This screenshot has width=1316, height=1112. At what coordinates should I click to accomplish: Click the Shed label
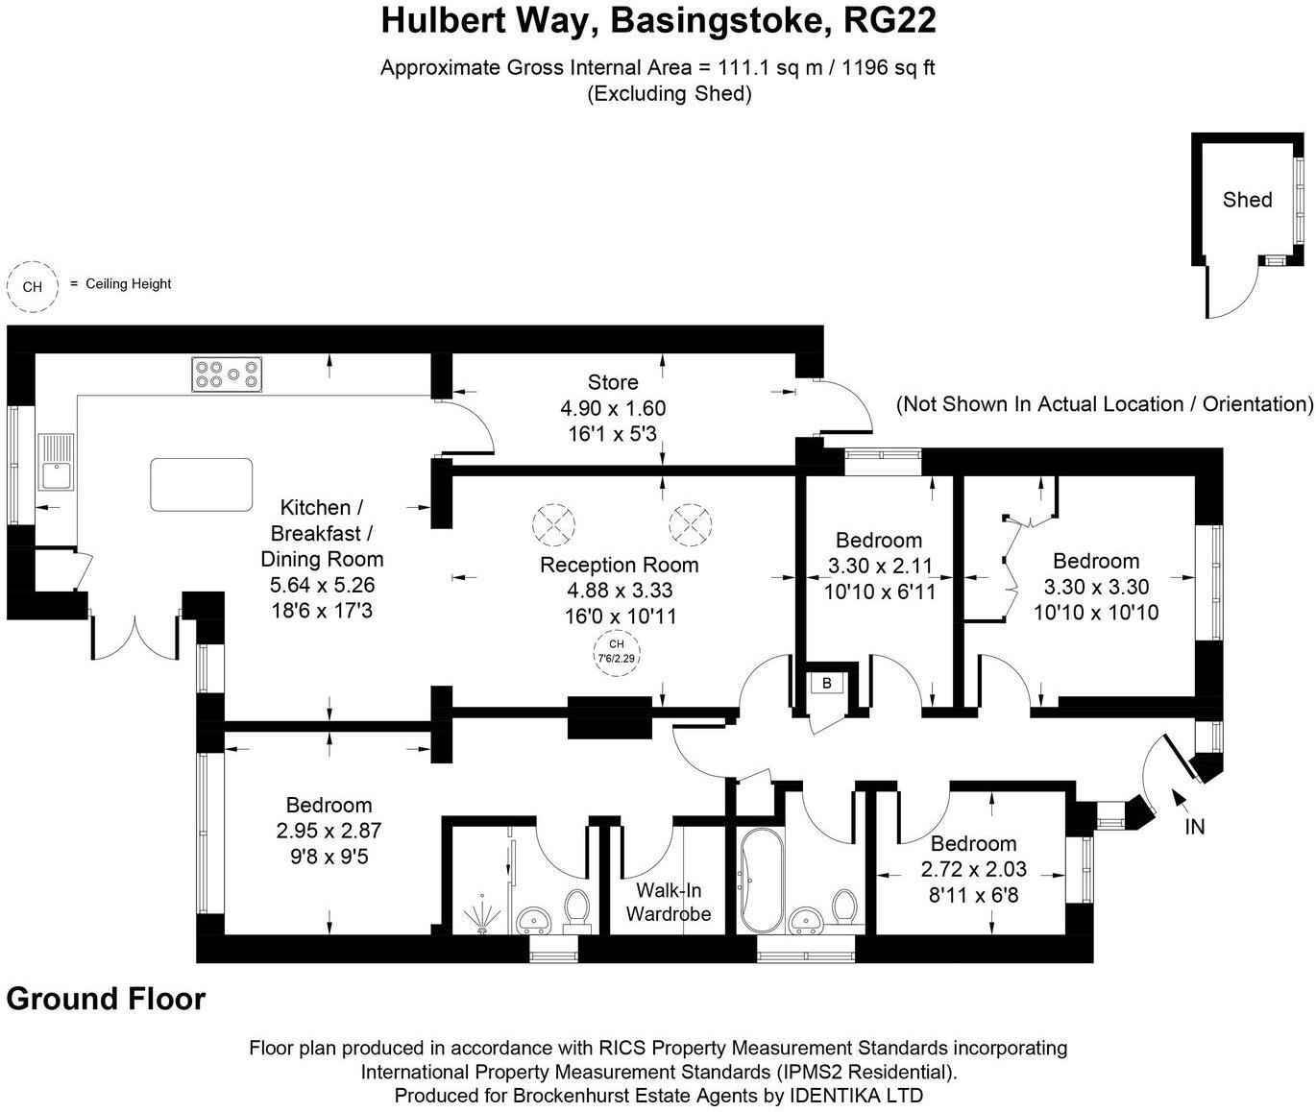click(1247, 200)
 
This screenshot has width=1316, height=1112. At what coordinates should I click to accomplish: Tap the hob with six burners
click(228, 374)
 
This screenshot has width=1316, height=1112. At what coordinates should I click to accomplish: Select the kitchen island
click(202, 484)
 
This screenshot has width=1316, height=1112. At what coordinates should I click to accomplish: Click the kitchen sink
click(56, 464)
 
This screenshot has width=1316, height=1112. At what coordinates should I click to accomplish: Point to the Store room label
click(613, 382)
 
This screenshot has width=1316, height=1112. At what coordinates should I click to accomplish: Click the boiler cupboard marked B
click(826, 684)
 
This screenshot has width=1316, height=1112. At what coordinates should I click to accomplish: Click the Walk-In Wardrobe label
click(669, 901)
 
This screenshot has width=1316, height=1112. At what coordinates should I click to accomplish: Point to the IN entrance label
click(1194, 827)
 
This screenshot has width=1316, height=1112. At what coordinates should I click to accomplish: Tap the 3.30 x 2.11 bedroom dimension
click(880, 567)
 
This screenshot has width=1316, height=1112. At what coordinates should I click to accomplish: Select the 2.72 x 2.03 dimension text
click(974, 870)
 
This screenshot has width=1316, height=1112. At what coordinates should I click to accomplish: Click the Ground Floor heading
click(106, 999)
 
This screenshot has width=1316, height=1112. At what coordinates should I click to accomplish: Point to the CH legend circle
click(32, 286)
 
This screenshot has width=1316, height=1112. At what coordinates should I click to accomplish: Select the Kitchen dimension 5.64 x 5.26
click(322, 585)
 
